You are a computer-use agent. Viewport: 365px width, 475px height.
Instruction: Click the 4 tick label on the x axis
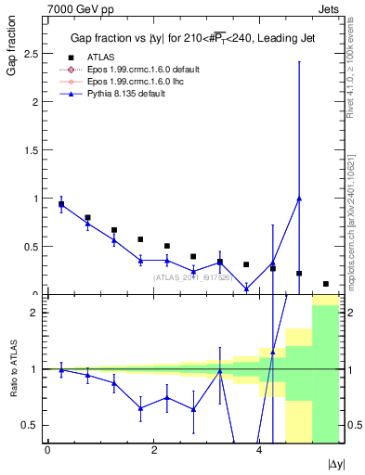[259, 450]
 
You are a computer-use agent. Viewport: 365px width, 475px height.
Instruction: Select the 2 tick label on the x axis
[153, 450]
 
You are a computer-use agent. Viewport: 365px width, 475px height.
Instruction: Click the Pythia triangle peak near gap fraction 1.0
[299, 199]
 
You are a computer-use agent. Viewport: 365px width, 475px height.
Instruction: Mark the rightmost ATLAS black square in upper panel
[326, 284]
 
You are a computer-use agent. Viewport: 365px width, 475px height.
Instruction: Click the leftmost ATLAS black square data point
[61, 204]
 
